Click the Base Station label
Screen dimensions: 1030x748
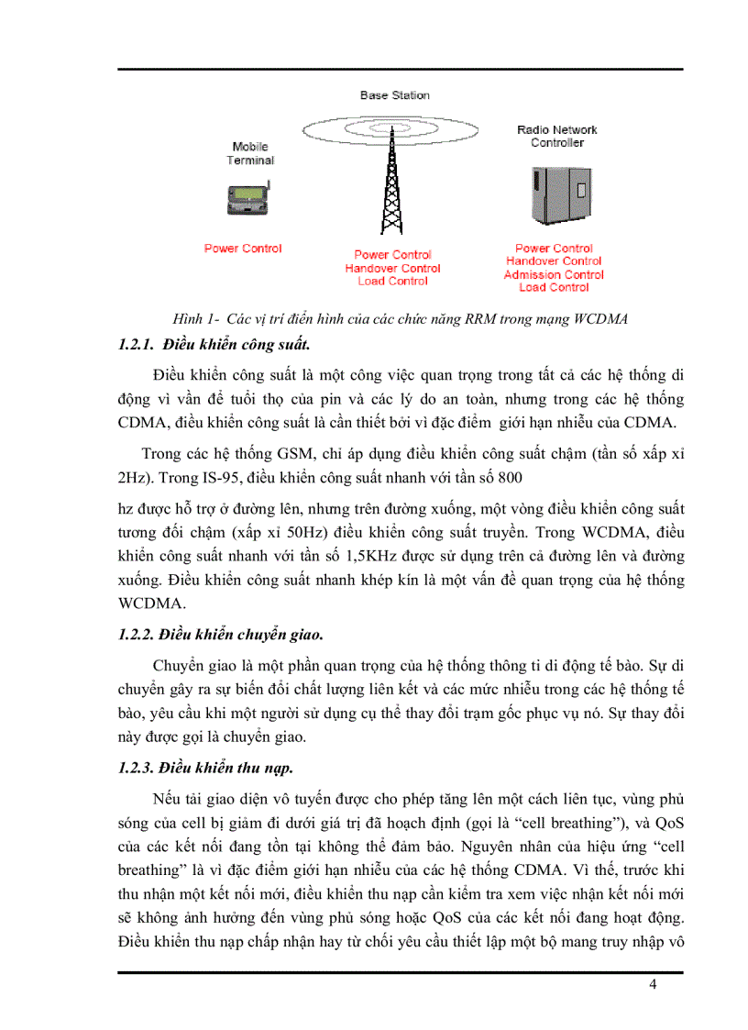tap(394, 95)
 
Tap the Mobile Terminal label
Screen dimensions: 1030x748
tap(250, 153)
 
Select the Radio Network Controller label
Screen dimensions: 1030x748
tap(556, 137)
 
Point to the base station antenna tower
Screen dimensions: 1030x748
tap(392, 179)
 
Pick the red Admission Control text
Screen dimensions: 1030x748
tap(554, 274)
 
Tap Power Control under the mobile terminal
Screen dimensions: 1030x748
tap(243, 249)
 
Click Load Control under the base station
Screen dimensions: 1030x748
tap(392, 282)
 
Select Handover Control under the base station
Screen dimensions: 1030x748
tap(392, 269)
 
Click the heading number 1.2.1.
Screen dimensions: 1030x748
tap(137, 345)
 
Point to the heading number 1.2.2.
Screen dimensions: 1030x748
tap(137, 634)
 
